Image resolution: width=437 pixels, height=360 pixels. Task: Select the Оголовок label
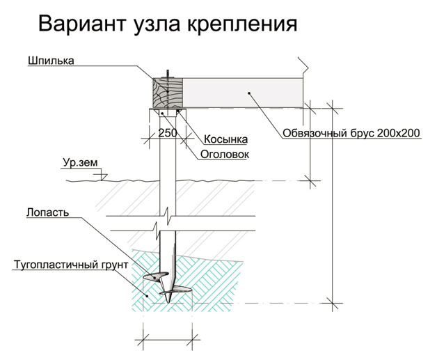225,153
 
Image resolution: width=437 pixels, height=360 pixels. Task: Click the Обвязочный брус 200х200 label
351,134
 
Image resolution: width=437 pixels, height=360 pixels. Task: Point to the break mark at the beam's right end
303,66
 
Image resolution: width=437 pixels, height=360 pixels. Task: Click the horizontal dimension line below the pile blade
167,341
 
